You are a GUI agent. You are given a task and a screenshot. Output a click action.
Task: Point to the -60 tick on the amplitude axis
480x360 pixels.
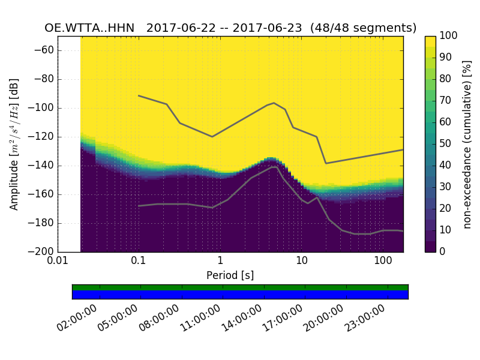point(46,50)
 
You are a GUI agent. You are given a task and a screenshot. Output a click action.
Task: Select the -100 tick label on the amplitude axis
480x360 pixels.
point(44,108)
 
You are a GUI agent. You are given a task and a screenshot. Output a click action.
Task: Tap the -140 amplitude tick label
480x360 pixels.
point(44,166)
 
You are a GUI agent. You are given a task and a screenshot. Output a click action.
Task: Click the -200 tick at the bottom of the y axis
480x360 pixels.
point(44,251)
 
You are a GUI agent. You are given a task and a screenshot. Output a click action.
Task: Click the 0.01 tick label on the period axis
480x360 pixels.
point(58,262)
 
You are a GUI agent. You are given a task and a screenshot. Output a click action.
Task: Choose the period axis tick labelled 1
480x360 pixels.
point(220,262)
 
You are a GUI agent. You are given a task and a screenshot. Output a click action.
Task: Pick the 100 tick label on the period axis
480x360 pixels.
point(383,262)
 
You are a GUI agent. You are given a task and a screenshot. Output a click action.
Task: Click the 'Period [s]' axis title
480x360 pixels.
point(230,275)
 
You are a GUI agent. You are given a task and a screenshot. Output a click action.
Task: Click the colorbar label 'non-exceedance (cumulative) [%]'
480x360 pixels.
point(468,144)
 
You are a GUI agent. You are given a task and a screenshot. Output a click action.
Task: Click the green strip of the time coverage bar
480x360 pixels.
point(240,287)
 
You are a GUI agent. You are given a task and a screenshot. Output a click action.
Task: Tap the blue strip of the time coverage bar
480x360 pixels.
point(240,295)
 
